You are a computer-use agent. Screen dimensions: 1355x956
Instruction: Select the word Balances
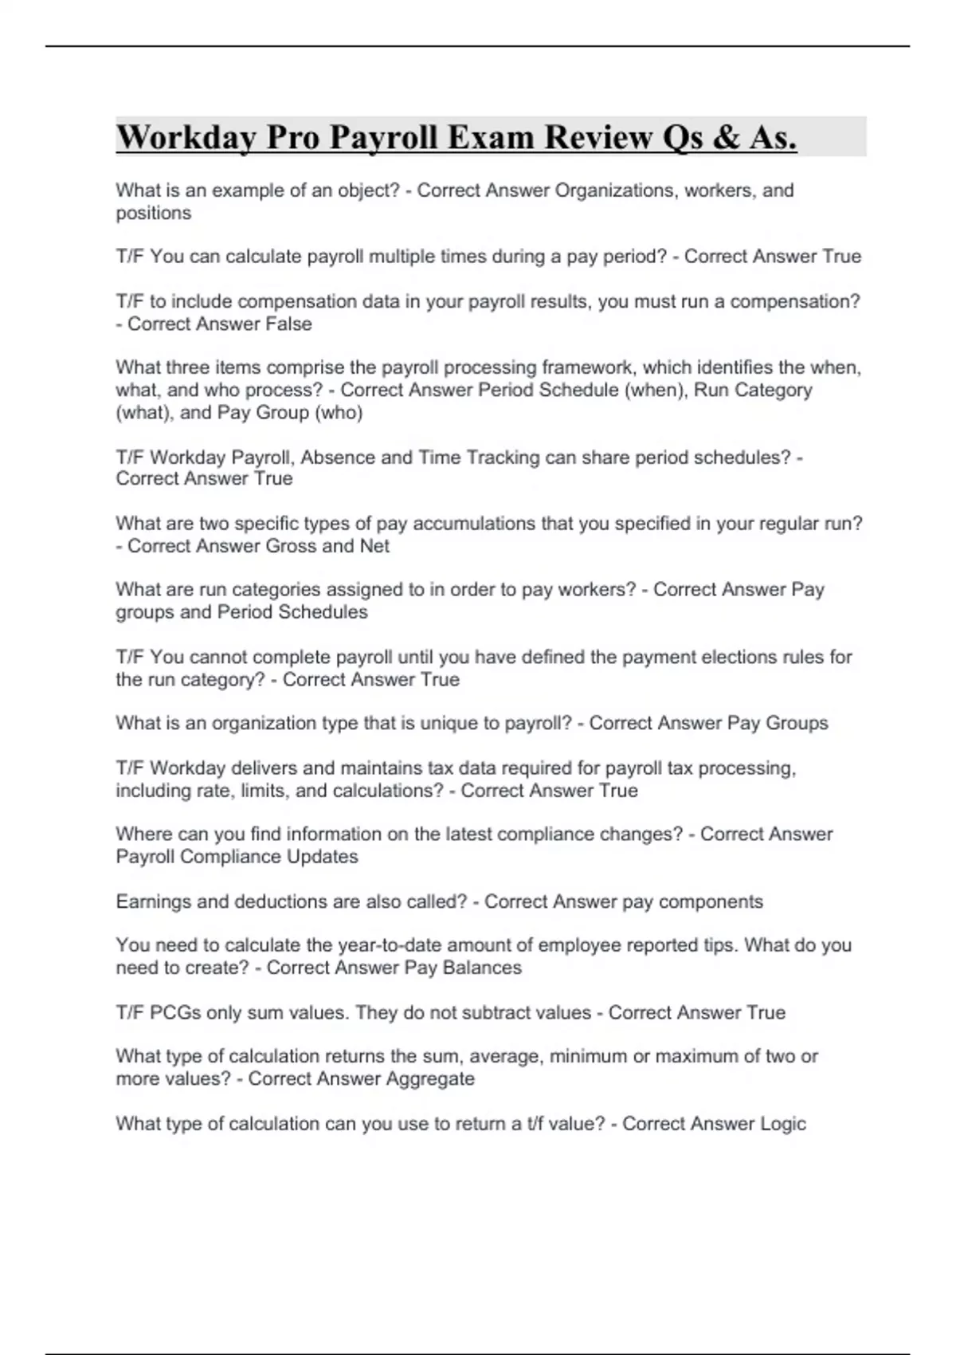484,968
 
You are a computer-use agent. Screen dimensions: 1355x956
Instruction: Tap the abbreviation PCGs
175,1012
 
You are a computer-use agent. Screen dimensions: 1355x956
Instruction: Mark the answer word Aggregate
429,1079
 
